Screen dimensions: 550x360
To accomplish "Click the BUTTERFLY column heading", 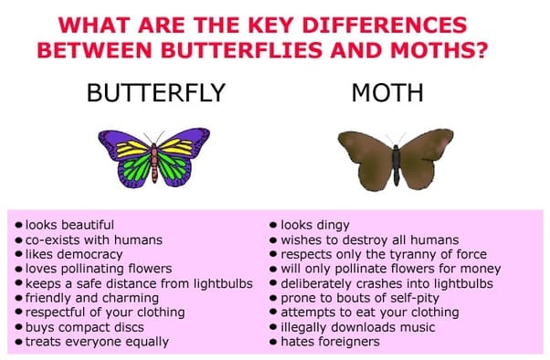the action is point(155,92).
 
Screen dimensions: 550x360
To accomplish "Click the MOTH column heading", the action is point(387,92).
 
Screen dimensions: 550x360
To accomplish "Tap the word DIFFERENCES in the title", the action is point(385,26).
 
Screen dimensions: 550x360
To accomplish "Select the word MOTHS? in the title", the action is point(439,50).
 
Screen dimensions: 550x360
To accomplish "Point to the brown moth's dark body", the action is point(396,164).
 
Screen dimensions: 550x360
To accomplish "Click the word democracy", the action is point(94,255).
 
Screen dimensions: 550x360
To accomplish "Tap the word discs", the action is point(129,327).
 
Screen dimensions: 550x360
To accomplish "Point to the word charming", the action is point(131,298).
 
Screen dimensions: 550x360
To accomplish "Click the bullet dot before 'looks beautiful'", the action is point(19,225).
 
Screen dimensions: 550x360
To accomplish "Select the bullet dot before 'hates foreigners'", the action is point(273,342).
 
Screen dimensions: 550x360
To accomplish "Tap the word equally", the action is point(147,342).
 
